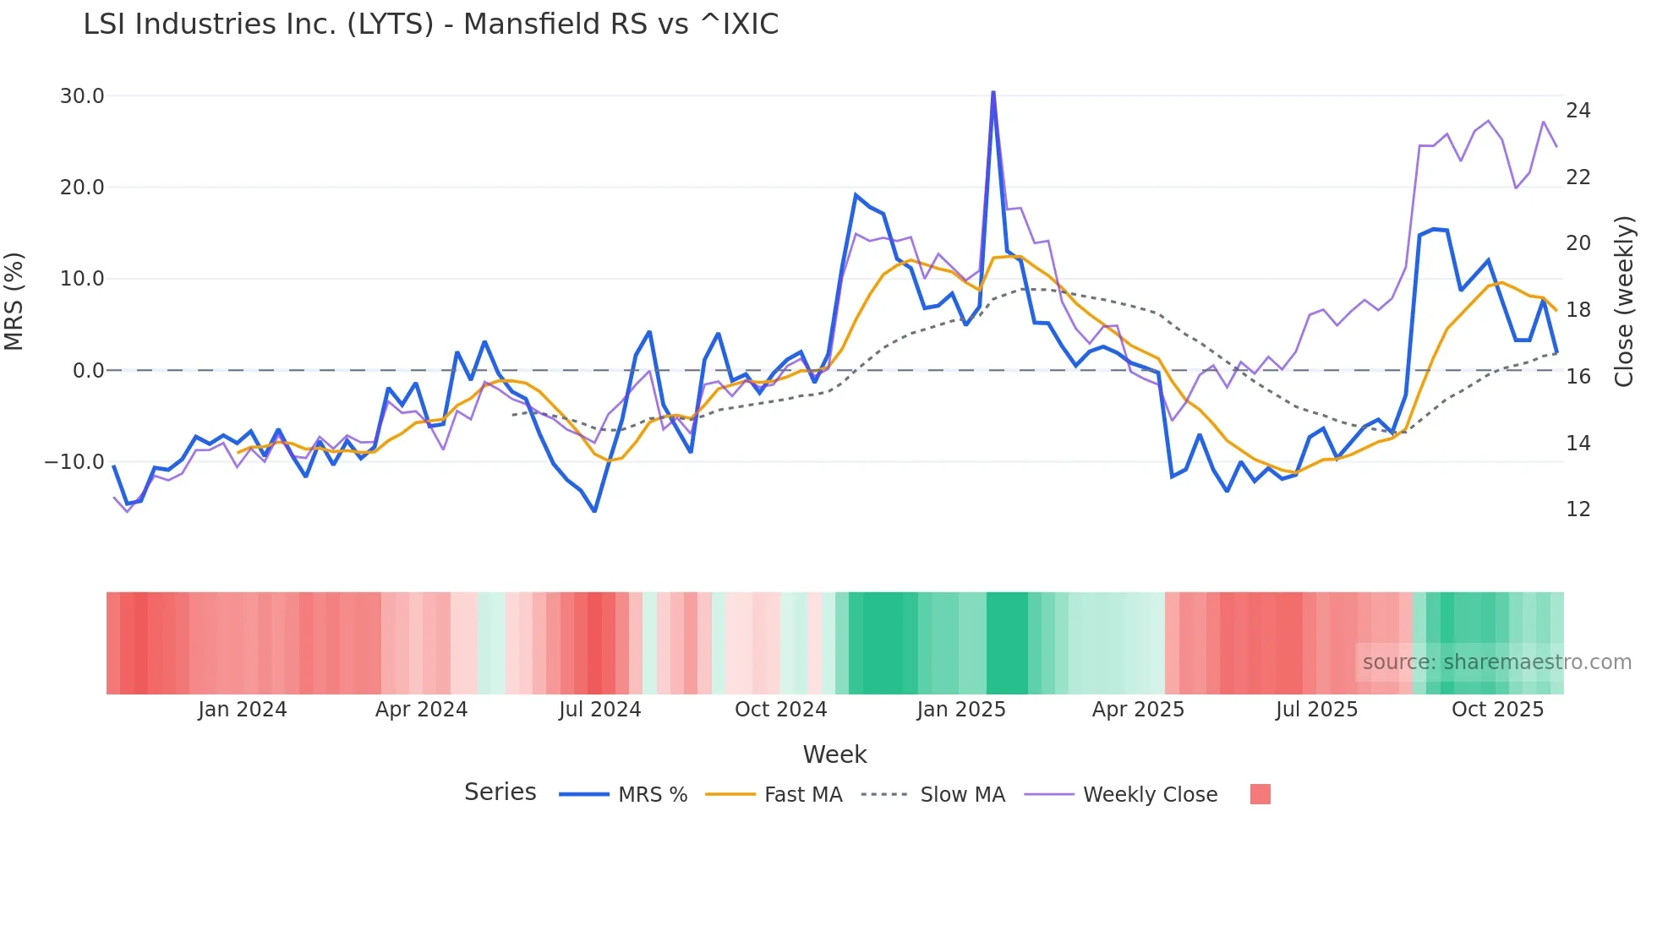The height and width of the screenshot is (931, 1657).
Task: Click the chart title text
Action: click(430, 24)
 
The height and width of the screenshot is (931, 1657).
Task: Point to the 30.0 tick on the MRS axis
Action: click(82, 96)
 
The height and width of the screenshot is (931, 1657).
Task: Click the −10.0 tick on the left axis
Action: click(74, 462)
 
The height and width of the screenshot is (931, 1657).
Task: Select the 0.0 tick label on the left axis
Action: click(88, 371)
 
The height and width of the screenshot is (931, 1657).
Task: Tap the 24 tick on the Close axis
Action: click(1578, 111)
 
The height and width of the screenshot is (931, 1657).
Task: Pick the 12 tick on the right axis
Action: click(1578, 509)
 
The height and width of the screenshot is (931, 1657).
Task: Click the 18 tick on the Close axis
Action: click(1578, 310)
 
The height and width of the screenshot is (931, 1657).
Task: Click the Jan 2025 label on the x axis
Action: click(960, 710)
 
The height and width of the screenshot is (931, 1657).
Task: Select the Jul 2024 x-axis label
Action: click(599, 710)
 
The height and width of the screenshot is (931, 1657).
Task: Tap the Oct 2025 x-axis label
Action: click(1497, 710)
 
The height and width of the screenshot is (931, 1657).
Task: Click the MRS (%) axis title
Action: click(14, 302)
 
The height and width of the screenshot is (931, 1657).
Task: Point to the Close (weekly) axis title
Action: click(1624, 302)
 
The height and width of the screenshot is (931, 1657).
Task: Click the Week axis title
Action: click(834, 754)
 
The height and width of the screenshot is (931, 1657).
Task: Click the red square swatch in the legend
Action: click(1260, 794)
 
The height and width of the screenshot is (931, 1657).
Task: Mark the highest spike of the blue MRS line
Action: click(993, 92)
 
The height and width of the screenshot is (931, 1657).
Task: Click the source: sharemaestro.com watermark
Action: click(1496, 662)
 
